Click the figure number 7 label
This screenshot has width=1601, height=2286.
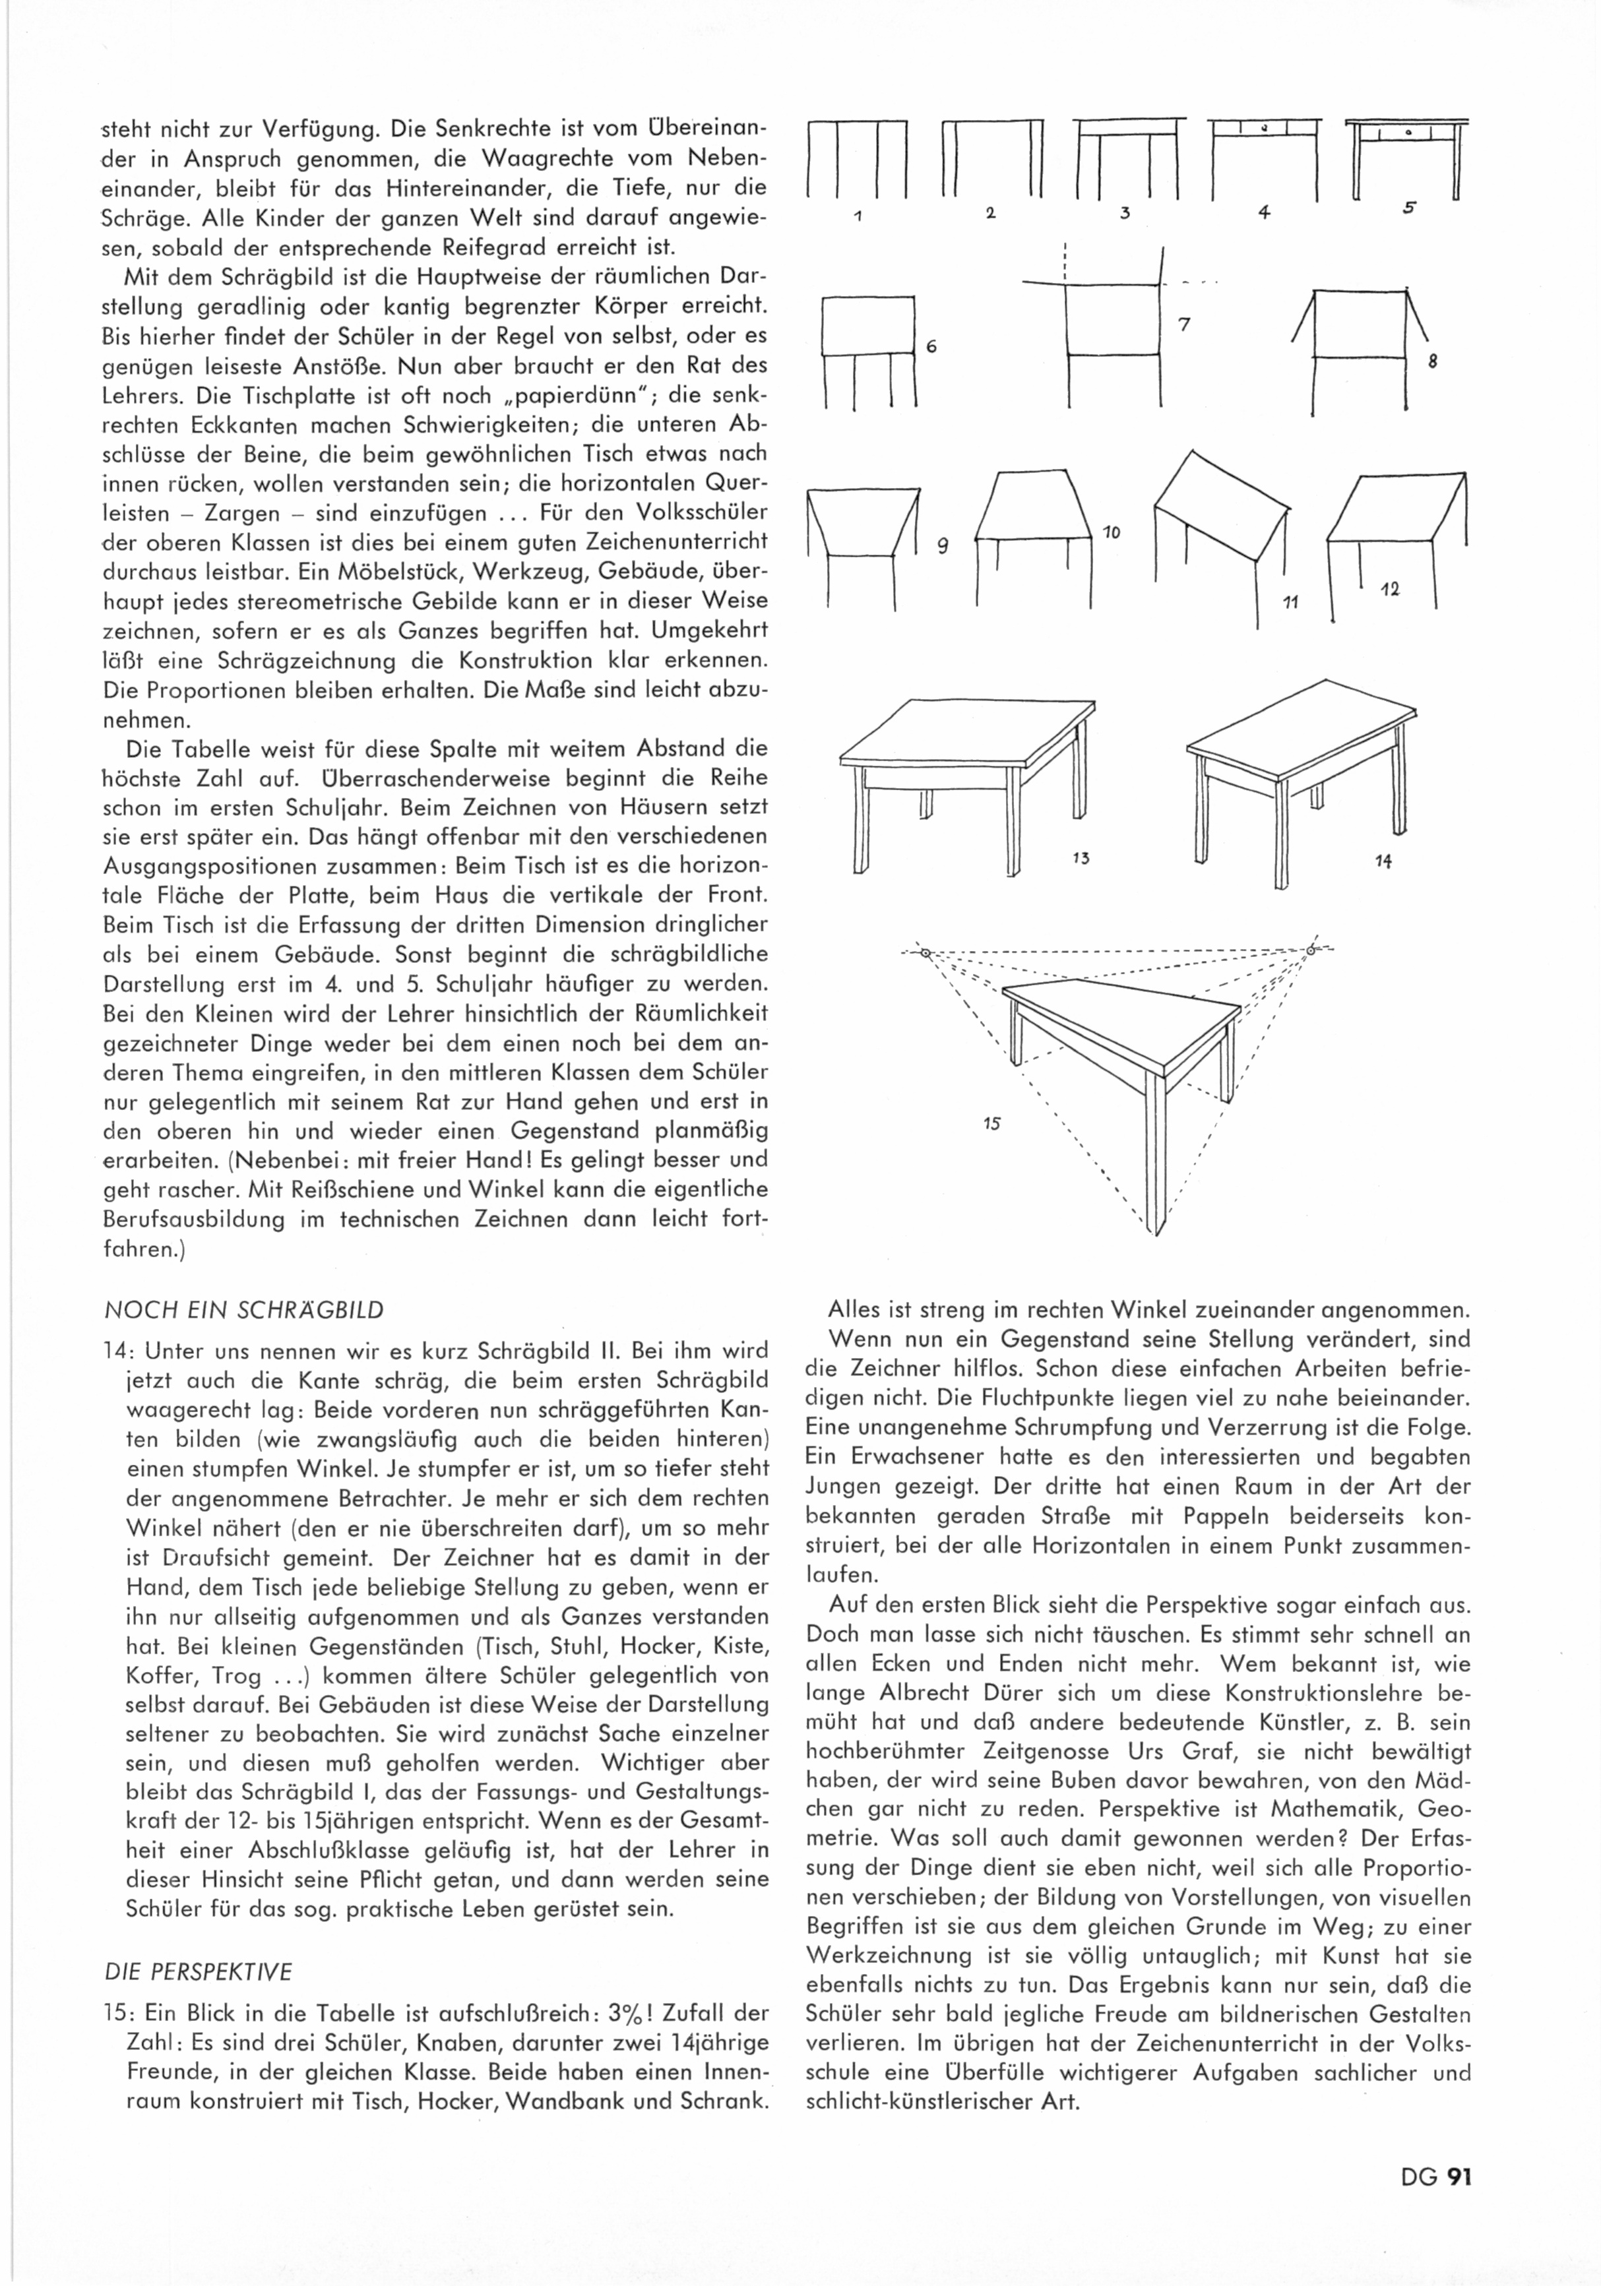point(1185,324)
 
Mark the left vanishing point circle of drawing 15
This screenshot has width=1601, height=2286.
point(925,953)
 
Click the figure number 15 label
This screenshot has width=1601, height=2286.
point(991,1124)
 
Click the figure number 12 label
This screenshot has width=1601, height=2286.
point(1391,590)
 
